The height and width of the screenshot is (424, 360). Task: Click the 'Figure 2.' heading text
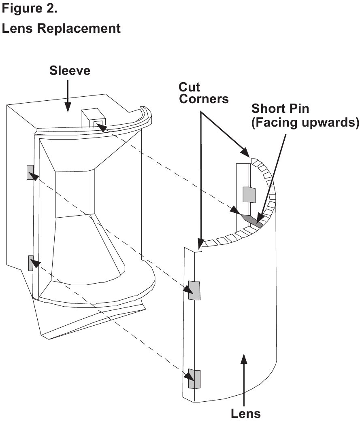coord(30,8)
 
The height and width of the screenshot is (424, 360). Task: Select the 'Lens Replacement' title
coord(61,28)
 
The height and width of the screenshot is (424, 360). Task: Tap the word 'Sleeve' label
coord(70,70)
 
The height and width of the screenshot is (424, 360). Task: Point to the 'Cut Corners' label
coord(204,93)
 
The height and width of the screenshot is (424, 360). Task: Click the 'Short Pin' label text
coord(280,108)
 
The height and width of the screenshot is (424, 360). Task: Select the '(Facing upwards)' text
coord(305,123)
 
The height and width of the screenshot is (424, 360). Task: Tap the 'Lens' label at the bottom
coord(245,413)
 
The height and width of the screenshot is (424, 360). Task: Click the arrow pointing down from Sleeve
coord(68,96)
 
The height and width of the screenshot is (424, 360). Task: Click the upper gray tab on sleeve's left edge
coord(30,172)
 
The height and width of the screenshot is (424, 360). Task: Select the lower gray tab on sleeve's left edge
coord(31,263)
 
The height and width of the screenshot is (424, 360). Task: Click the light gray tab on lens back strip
coord(249,195)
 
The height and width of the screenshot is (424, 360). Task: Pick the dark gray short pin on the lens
coord(252,220)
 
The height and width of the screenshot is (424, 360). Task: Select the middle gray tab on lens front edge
coord(194,290)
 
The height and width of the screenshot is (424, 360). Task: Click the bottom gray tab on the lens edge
coord(194,379)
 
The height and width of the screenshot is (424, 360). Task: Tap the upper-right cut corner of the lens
coord(251,160)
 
